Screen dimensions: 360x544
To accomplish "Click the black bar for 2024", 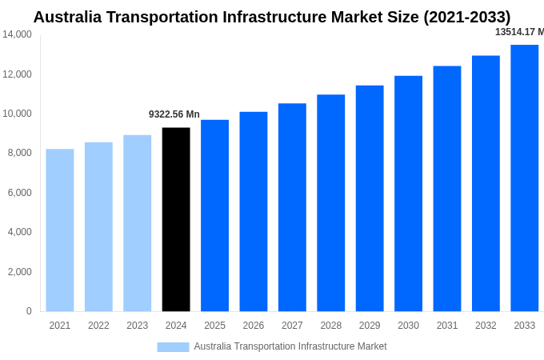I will pyautogui.click(x=176, y=219).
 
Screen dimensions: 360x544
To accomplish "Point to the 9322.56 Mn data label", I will pyautogui.click(x=174, y=114).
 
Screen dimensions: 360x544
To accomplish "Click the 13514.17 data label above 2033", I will pyautogui.click(x=519, y=32).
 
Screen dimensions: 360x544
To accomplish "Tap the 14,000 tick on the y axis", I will pyautogui.click(x=17, y=34).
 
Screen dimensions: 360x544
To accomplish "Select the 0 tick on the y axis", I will pyautogui.click(x=29, y=311).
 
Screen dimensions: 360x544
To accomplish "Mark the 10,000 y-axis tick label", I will pyautogui.click(x=17, y=114).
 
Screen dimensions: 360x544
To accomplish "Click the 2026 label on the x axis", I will pyautogui.click(x=254, y=326).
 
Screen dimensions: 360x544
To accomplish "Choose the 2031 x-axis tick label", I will pyautogui.click(x=447, y=326).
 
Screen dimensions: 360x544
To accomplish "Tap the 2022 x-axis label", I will pyautogui.click(x=98, y=326).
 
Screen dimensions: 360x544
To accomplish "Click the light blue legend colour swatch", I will pyautogui.click(x=173, y=347).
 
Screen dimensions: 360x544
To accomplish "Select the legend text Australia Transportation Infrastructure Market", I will pyautogui.click(x=290, y=346).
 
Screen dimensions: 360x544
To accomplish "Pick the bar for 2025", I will pyautogui.click(x=214, y=215).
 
